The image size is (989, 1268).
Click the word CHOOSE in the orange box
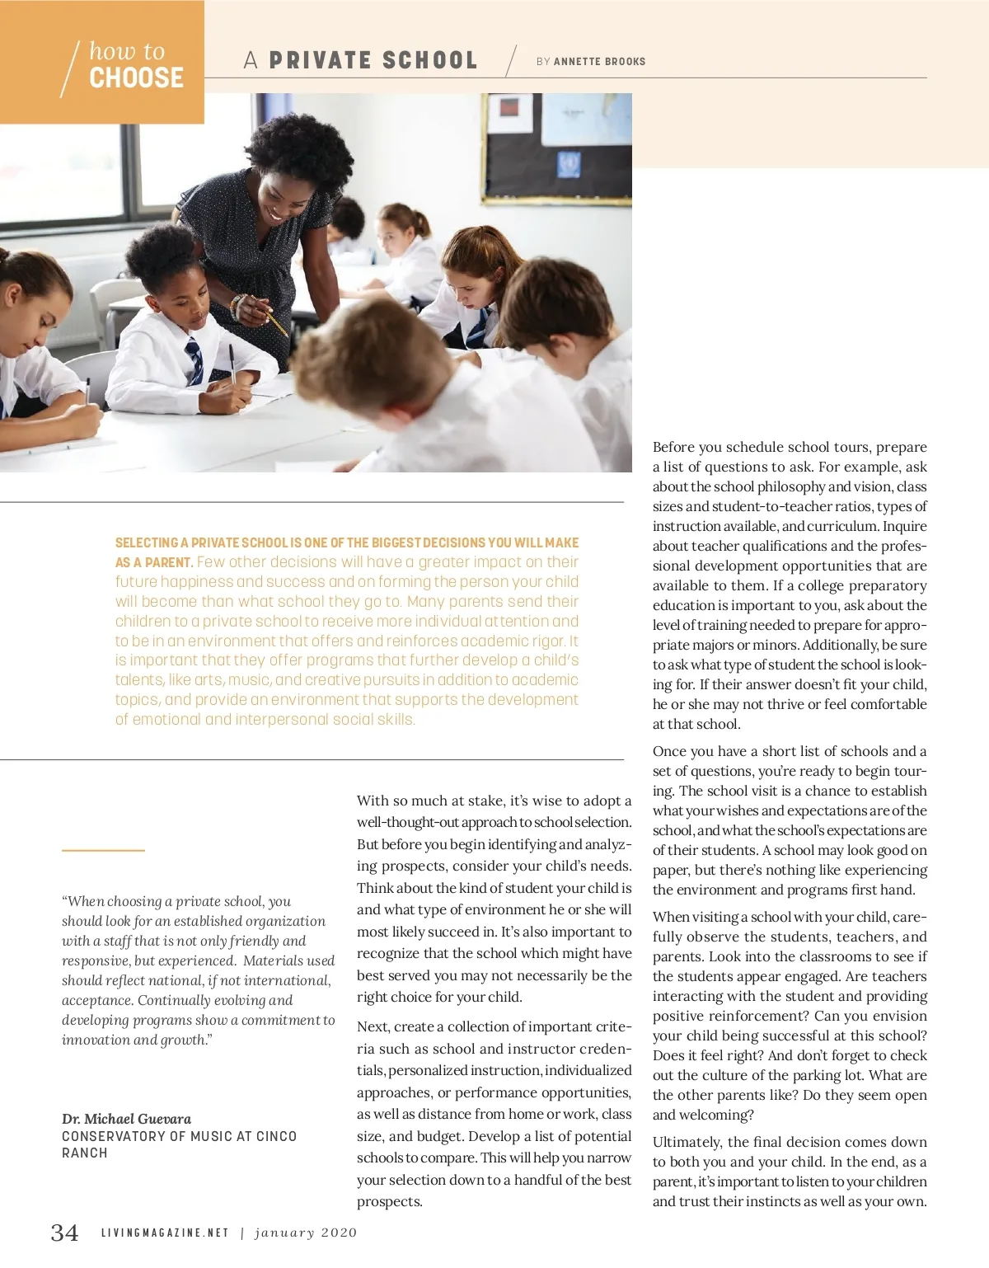[x=136, y=77]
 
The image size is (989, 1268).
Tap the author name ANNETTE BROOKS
[x=599, y=61]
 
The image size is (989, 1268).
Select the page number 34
[x=65, y=1233]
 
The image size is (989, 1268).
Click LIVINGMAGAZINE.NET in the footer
[x=165, y=1233]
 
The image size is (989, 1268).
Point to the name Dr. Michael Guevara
[x=126, y=1119]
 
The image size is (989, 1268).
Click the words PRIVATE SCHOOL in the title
[x=373, y=60]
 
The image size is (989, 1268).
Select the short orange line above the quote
[x=103, y=850]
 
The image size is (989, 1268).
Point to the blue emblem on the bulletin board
[x=569, y=163]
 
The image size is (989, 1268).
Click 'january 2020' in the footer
[x=306, y=1233]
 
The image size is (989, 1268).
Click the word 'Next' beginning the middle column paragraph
[x=373, y=1026]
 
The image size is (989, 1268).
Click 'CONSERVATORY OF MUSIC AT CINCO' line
[x=179, y=1136]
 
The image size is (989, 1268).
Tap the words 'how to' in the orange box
[x=127, y=51]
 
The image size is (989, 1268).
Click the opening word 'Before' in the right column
[x=673, y=447]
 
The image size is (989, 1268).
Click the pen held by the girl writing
[x=233, y=363]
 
